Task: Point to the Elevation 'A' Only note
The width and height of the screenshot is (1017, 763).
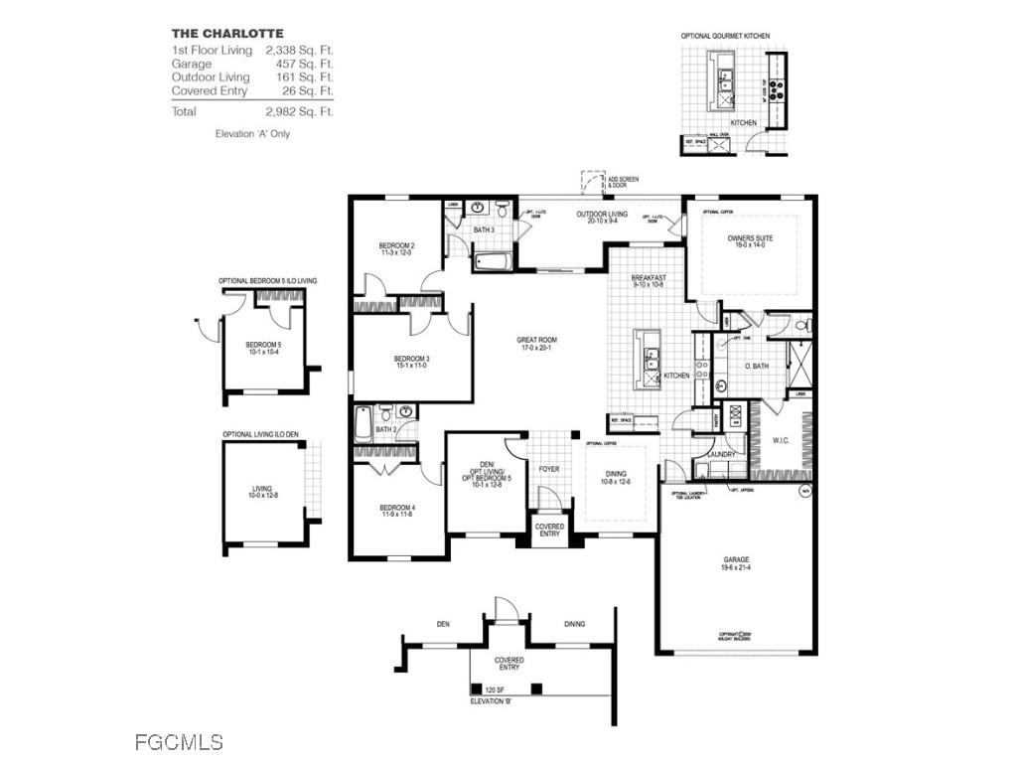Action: click(x=252, y=133)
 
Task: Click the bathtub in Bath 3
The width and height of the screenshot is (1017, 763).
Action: click(x=493, y=262)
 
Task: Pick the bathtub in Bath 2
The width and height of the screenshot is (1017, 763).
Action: click(x=363, y=424)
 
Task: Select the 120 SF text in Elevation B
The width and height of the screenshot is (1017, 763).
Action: click(x=495, y=689)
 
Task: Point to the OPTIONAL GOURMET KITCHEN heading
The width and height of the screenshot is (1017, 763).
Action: click(x=725, y=36)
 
